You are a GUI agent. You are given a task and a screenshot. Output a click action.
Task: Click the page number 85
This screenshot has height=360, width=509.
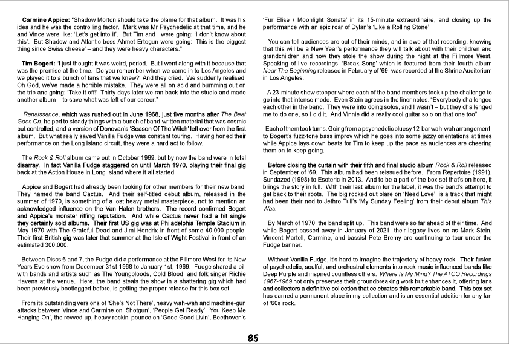[254, 338]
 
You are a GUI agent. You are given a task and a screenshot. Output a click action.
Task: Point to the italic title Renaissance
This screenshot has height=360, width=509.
[40, 113]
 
